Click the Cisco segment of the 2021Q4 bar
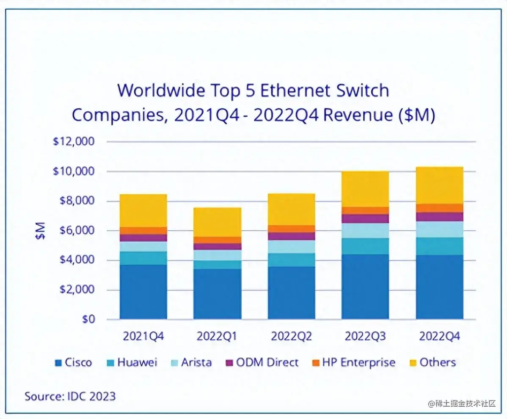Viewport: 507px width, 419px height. click(x=143, y=292)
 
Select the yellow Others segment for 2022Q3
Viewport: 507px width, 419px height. click(x=365, y=189)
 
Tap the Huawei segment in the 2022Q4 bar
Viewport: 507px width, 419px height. click(x=439, y=246)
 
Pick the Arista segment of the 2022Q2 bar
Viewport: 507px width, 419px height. click(x=291, y=247)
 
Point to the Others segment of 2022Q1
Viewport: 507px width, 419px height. click(x=217, y=222)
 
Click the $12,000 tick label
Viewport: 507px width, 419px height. click(x=74, y=142)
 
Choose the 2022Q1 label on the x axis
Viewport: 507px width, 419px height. click(x=217, y=336)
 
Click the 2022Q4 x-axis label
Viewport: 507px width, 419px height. click(x=439, y=336)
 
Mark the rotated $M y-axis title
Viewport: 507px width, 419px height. click(x=40, y=231)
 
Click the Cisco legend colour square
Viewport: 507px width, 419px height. click(x=59, y=363)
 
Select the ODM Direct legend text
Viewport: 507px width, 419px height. click(x=267, y=363)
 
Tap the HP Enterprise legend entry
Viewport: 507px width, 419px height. click(x=358, y=363)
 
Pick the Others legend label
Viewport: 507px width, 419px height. click(x=438, y=363)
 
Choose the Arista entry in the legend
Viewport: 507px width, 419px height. click(x=196, y=363)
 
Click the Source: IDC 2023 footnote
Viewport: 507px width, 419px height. click(x=70, y=396)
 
